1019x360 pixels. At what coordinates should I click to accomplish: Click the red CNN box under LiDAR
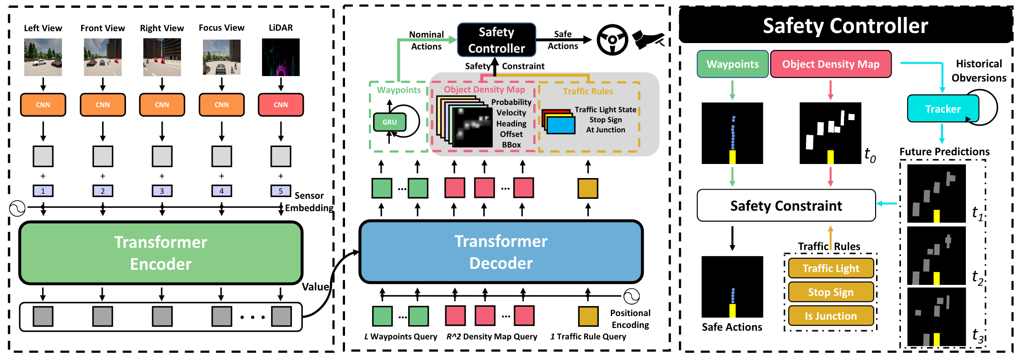pos(280,104)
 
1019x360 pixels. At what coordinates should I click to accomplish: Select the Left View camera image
pos(43,57)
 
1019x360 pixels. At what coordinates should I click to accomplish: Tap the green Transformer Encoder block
pos(161,253)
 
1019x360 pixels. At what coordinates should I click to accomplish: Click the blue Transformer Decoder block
pos(501,252)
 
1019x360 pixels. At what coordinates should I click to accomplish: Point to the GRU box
pos(389,122)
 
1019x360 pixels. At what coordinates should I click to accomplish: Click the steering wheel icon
pos(612,40)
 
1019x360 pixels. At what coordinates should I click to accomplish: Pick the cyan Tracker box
pos(942,109)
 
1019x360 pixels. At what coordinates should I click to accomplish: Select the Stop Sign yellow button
pos(831,292)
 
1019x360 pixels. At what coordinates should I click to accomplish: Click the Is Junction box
pos(831,316)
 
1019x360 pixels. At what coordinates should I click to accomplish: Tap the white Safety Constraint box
pos(786,206)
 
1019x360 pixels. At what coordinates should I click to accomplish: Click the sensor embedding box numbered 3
pos(162,191)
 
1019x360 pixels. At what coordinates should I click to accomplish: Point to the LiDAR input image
pos(280,57)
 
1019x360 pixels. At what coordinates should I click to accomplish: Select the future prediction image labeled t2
pos(936,256)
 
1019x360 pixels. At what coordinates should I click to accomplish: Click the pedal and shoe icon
pos(647,40)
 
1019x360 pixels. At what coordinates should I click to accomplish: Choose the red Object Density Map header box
pos(830,64)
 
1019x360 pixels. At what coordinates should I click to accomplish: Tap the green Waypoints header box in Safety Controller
pos(732,64)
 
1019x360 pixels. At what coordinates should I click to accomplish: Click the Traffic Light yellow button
pos(831,268)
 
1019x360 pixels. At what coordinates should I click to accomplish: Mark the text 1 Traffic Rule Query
pos(588,337)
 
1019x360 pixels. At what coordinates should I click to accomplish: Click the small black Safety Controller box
pos(496,40)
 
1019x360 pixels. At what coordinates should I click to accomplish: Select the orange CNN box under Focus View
pos(221,104)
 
